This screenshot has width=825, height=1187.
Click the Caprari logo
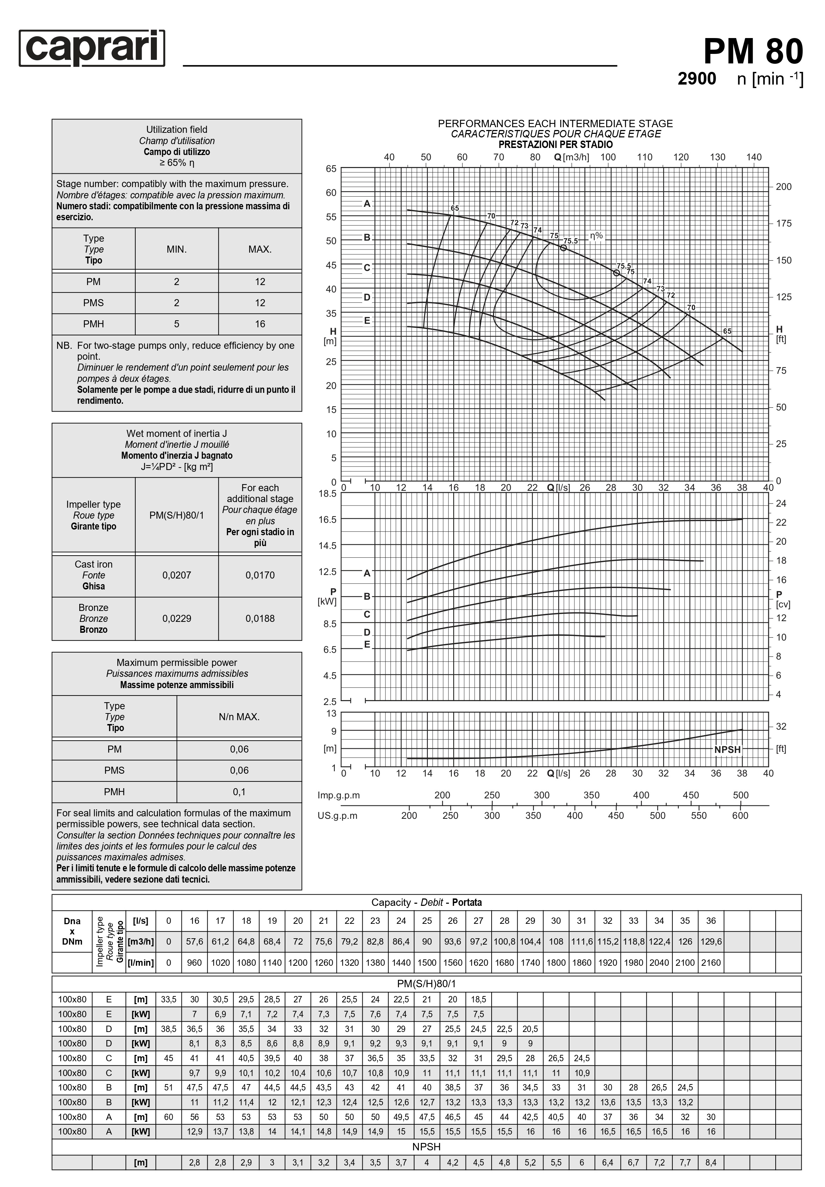92,48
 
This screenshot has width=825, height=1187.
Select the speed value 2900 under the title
696,79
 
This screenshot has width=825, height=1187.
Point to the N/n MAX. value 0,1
239,792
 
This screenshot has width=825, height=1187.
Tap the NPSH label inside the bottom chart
727,749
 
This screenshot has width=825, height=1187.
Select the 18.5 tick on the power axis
327,494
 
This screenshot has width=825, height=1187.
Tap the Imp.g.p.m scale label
339,795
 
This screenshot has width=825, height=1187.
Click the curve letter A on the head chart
367,204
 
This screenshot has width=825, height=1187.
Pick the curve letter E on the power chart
367,644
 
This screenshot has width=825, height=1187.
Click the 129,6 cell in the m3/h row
711,941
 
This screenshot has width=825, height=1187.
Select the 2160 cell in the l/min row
711,963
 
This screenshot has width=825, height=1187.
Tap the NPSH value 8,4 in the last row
711,1163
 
